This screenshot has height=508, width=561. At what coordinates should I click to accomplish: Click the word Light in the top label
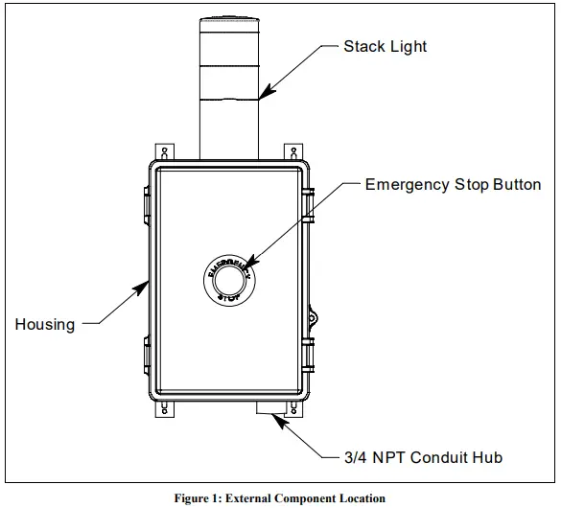tap(408, 46)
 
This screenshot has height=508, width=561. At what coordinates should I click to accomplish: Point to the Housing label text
tap(44, 324)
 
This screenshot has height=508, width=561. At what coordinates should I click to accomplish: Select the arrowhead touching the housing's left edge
tap(144, 284)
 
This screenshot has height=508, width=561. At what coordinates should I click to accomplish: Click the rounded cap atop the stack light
tap(228, 19)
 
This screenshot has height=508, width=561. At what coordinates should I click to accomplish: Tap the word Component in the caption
tap(299, 498)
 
